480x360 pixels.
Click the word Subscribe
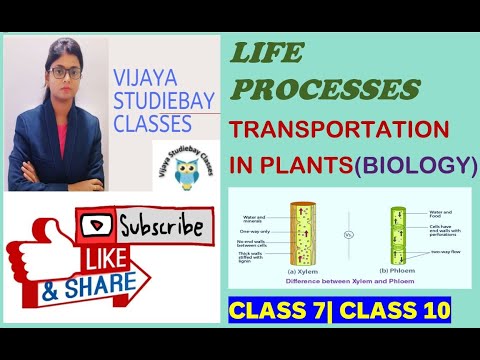[x=165, y=223]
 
